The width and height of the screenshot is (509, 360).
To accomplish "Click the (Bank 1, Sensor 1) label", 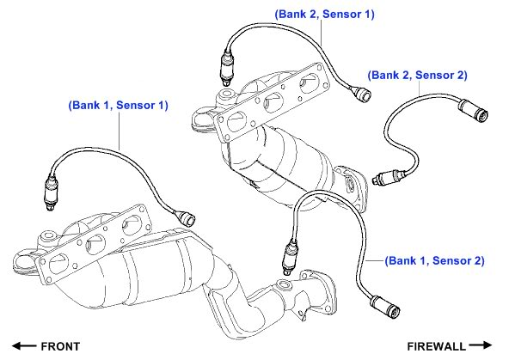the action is tap(118, 106).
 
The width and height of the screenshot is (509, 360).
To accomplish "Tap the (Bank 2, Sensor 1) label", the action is tap(324, 15).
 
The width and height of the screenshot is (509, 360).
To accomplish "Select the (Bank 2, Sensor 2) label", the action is tap(418, 76).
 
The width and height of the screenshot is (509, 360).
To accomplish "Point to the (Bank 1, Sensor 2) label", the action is tap(434, 260).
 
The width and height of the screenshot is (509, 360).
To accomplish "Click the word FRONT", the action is tap(60, 347).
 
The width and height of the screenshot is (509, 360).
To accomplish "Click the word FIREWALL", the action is tap(436, 347).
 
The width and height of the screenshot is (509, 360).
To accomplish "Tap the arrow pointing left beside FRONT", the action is tap(24, 346).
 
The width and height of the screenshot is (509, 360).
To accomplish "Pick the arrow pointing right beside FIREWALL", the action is tap(480, 345).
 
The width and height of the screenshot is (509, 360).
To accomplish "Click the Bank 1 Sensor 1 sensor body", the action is tap(52, 192).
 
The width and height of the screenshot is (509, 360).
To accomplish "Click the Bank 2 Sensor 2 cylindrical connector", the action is tap(473, 111).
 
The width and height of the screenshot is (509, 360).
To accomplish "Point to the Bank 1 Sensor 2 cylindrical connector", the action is tap(385, 307).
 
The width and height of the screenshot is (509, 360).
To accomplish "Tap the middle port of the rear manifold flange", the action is tap(273, 102).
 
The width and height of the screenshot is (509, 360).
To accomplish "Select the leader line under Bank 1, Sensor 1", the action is tap(120, 131).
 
